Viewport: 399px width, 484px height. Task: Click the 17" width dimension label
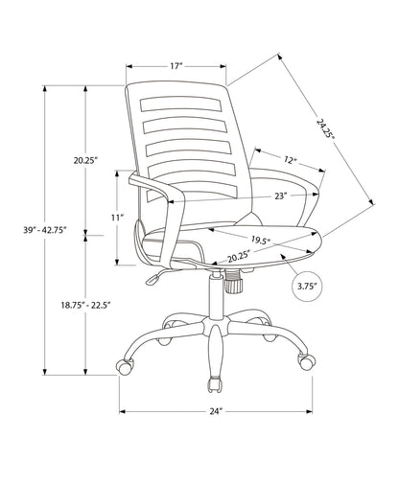click(176, 67)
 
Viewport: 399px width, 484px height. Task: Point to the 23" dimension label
click(280, 196)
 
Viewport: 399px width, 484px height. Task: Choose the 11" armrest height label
click(117, 218)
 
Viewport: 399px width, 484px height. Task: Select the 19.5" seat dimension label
click(259, 241)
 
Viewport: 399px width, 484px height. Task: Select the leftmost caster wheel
click(125, 367)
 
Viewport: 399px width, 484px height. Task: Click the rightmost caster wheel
click(306, 363)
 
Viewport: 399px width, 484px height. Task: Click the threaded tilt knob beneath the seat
click(233, 282)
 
